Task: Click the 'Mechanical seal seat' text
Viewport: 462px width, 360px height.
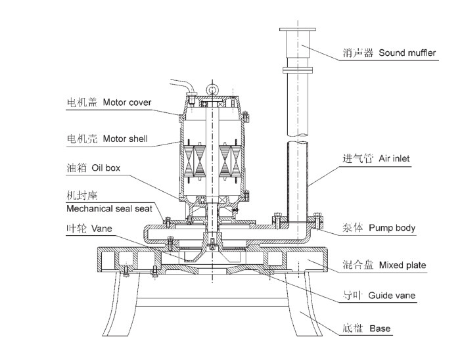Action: coord(110,209)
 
